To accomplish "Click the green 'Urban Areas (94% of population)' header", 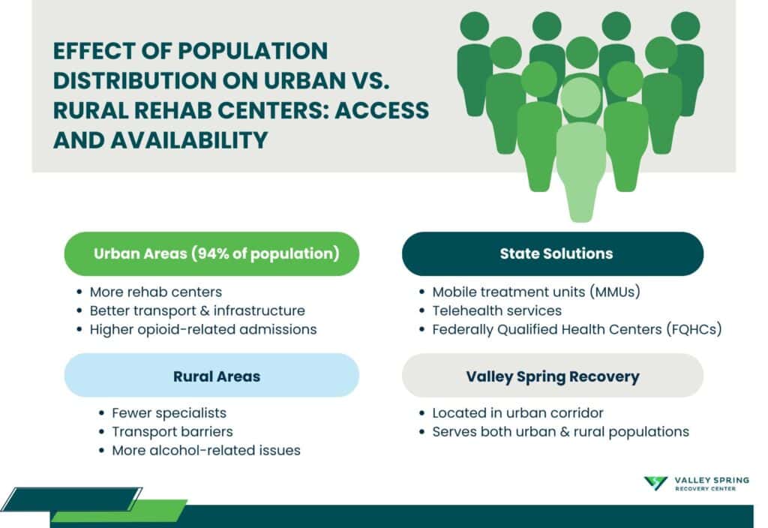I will pos(211,253).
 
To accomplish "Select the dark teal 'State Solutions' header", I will pos(553,253).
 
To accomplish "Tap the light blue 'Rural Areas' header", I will pos(211,376).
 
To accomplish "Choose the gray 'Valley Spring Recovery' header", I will pos(553,376).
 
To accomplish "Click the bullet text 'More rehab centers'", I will pos(155,292).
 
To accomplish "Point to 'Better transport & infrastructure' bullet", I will pos(196,310).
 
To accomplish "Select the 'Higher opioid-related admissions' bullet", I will pos(202,329).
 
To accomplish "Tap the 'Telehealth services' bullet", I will pos(496,310).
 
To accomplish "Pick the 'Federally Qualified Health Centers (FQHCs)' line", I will pos(576,329).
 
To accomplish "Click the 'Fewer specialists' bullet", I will pos(169,413).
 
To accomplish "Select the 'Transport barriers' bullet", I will pos(172,432).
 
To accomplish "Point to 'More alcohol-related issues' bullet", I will pos(205,451).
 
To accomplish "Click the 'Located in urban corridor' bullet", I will pos(517,413).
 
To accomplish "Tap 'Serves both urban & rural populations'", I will pos(560,432).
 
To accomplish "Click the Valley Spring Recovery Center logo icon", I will pos(655,484).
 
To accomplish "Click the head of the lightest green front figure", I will pos(581,97).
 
